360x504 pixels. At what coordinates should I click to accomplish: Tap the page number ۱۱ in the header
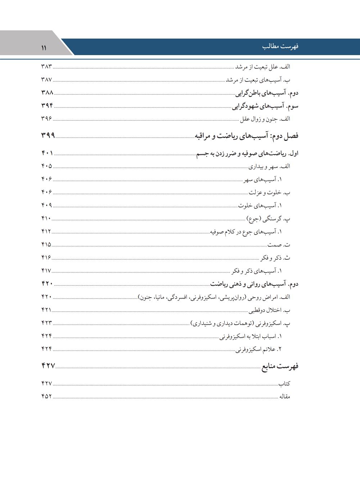[x=44, y=48]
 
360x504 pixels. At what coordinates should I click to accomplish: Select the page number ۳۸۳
[x=47, y=67]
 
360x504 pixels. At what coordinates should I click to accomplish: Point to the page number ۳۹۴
[x=47, y=106]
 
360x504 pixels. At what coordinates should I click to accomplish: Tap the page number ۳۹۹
[x=48, y=135]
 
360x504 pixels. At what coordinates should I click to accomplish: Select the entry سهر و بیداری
[x=269, y=166]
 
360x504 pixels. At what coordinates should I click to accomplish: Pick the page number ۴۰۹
[x=47, y=205]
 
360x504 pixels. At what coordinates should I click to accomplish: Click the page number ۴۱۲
[x=46, y=231]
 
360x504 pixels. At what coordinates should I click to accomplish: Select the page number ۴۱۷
[x=46, y=271]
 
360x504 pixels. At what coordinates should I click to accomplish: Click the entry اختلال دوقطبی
[x=269, y=310]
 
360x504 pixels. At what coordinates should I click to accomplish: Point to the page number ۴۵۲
[x=47, y=397]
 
